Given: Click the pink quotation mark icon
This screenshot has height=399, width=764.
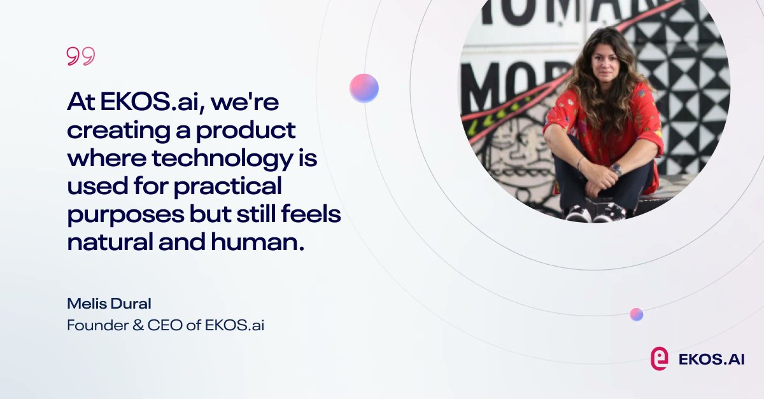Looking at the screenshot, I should pos(80,57).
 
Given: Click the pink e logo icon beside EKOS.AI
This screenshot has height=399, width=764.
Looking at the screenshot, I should pos(659,358).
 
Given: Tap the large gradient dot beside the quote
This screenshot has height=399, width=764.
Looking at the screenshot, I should pos(364,88).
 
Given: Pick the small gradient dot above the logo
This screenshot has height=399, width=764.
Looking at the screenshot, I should pos(636,314).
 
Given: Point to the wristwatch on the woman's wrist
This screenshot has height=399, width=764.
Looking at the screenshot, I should pos(616,169).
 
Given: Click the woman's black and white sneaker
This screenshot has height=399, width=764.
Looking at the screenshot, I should pos(609,212).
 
